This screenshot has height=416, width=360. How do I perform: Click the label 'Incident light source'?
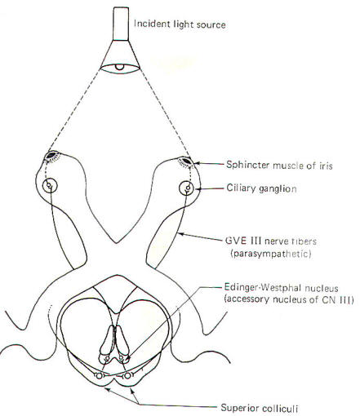[180, 24]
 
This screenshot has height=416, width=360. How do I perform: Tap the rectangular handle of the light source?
[121, 24]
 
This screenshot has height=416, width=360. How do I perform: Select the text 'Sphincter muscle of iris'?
[279, 165]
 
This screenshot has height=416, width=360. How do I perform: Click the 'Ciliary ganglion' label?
[261, 188]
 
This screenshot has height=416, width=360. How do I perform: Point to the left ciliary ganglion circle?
[50, 186]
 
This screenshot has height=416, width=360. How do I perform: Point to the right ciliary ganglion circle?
[187, 188]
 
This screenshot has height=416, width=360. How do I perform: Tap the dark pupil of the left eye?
[51, 155]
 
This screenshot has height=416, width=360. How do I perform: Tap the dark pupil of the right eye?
[186, 161]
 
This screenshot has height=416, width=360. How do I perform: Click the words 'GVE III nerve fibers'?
[271, 241]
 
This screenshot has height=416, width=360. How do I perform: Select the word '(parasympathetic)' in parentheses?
[271, 254]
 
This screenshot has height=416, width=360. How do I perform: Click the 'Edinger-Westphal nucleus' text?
[281, 288]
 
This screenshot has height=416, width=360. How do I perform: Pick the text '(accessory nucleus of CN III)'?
[288, 299]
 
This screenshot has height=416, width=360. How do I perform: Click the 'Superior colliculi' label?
[259, 408]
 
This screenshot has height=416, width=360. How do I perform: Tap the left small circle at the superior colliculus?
[99, 375]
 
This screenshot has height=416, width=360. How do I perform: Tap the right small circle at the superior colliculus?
[127, 375]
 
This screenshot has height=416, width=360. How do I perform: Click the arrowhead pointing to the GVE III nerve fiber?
[180, 233]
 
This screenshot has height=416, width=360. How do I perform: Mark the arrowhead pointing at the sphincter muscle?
[198, 163]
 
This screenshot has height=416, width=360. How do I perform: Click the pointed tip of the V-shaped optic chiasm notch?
[117, 243]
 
